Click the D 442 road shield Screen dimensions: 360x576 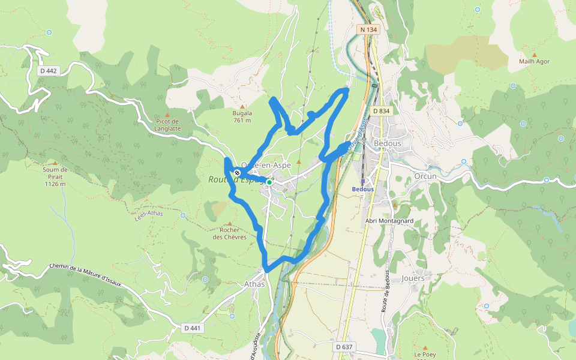click(48, 71)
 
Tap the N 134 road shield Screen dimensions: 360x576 click(370, 29)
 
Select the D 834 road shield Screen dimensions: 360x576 click(381, 111)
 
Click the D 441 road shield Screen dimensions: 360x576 click(193, 328)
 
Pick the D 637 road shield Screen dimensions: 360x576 click(344, 347)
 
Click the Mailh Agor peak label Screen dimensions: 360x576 click(534, 61)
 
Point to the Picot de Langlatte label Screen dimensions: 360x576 click(167, 125)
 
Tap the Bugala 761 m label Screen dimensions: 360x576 click(242, 116)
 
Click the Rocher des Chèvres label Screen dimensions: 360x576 click(229, 233)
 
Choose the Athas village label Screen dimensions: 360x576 click(254, 284)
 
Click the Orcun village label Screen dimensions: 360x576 click(425, 176)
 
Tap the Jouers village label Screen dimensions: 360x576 click(413, 278)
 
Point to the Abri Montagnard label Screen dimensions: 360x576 click(389, 220)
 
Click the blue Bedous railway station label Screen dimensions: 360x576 click(362, 189)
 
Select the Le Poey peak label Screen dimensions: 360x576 click(425, 355)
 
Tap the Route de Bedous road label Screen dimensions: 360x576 click(386, 302)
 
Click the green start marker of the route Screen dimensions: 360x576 click(269, 182)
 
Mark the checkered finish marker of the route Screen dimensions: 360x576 click(238, 173)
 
